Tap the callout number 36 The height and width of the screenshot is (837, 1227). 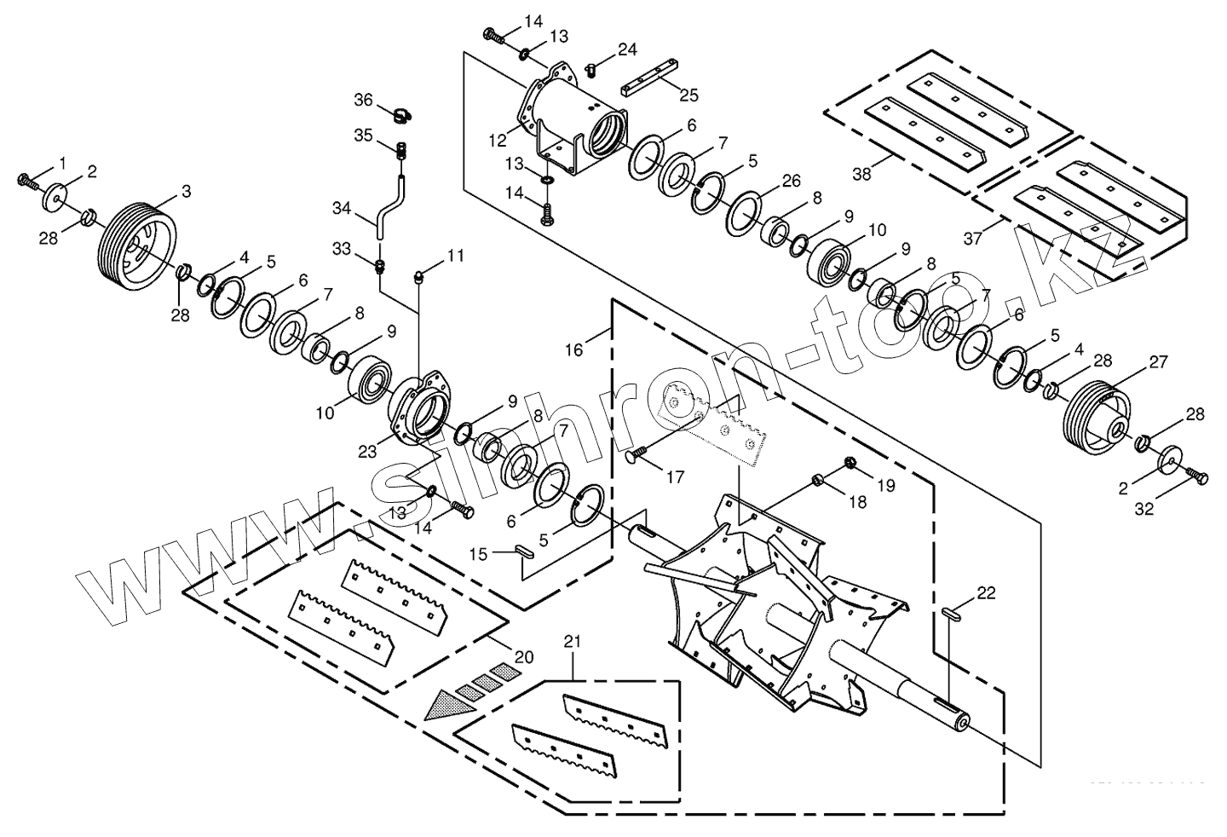coord(364,100)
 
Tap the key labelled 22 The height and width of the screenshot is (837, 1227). coord(953,611)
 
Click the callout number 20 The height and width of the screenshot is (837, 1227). coord(523,656)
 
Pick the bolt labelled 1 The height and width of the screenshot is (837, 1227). coord(28,180)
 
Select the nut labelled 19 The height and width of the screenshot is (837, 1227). coord(850,463)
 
